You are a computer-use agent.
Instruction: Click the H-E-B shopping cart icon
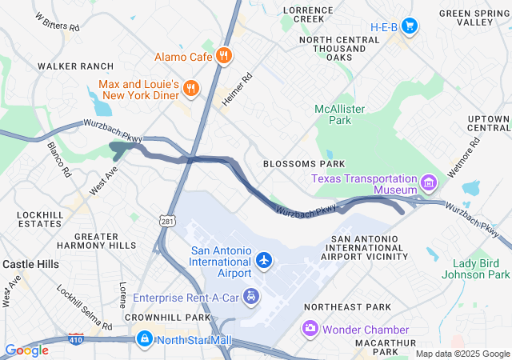coord(410,26)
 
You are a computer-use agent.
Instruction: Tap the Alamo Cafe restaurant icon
coord(224,56)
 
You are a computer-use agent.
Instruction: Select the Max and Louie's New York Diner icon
coord(190,88)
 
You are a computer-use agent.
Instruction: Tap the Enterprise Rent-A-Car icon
coord(252,298)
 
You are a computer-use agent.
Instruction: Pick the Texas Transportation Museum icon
coord(429,184)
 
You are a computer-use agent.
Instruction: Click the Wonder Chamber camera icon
coord(310,328)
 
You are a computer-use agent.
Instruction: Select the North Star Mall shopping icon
coord(144,340)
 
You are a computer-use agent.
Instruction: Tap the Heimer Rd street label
coord(237,91)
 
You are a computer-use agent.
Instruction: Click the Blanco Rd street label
coord(59,160)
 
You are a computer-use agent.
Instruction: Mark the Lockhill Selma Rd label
coord(83,307)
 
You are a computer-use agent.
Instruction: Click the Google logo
coord(27,350)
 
